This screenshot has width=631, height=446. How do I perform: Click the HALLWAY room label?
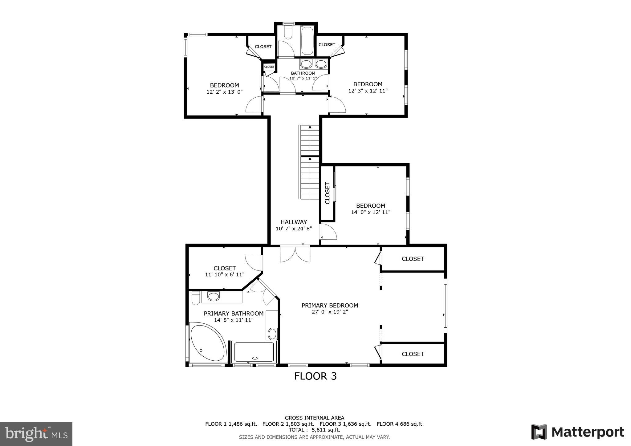pos(294,222)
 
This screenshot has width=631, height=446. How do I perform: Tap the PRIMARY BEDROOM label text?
pos(330,306)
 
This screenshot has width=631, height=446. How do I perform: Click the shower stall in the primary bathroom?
pos(254,352)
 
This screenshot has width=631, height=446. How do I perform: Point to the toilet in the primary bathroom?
pos(195,298)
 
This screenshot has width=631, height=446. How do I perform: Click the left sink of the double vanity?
pos(306,64)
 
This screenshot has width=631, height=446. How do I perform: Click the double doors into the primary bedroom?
pos(295,254)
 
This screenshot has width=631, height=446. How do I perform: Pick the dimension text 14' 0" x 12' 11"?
pos(371,212)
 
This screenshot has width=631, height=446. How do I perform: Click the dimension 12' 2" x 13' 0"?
pos(225,92)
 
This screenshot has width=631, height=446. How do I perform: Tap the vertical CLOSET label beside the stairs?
pos(328,193)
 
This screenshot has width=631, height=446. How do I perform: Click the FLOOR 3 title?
pos(315,376)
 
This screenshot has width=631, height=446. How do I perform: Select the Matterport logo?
pos(577,432)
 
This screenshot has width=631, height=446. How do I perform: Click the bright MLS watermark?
pos(36,434)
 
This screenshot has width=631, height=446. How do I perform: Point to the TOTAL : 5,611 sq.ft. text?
pos(314,430)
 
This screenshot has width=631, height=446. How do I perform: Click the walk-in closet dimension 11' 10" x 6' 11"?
pos(225,274)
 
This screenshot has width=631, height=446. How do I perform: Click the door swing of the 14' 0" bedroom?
pos(328,232)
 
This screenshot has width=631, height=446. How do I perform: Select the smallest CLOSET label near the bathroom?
pos(269,67)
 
